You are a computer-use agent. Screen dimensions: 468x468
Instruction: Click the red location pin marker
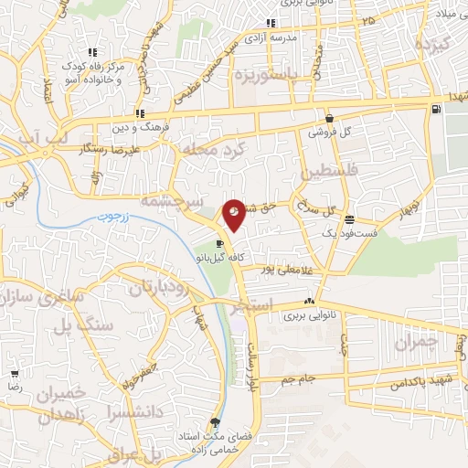(x=235, y=214)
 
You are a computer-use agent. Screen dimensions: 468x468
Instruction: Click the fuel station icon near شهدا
(x=434, y=109)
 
